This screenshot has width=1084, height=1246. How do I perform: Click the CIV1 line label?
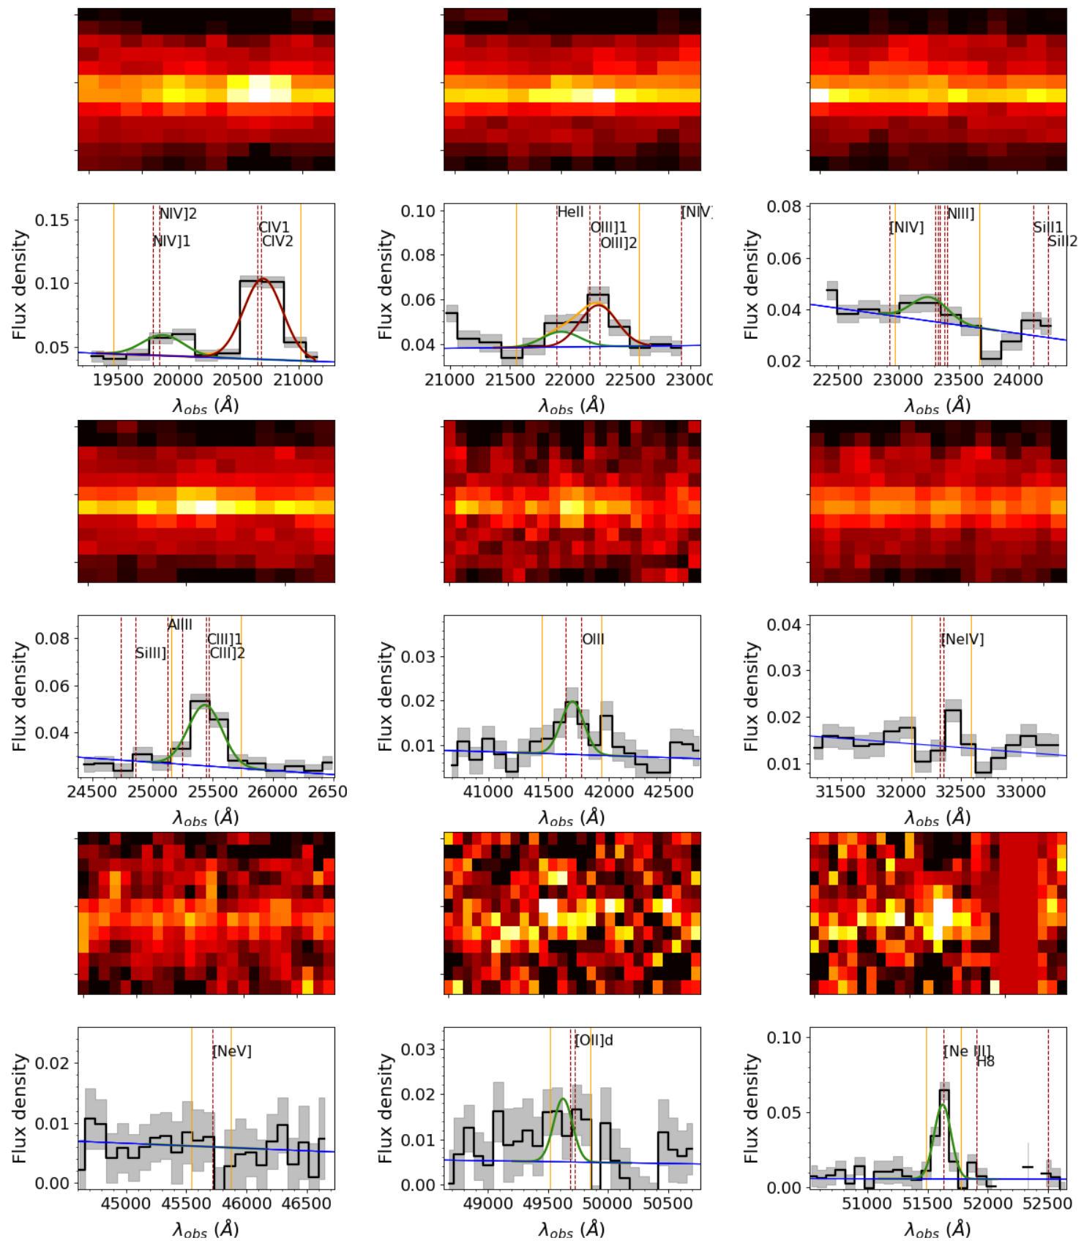274,228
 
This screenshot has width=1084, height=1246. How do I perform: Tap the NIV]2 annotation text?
178,214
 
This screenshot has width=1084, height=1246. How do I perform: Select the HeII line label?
570,212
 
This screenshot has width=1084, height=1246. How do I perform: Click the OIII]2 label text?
618,242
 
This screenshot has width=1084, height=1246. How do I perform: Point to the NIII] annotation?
960,214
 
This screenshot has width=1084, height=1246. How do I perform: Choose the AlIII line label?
180,625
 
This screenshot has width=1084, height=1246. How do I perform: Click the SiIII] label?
152,653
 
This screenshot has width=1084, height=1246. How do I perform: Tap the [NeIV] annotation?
962,639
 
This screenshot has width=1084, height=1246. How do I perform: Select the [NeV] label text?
231,1051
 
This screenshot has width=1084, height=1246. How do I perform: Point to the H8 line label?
985,1062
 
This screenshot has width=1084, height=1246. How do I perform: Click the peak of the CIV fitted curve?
262,279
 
